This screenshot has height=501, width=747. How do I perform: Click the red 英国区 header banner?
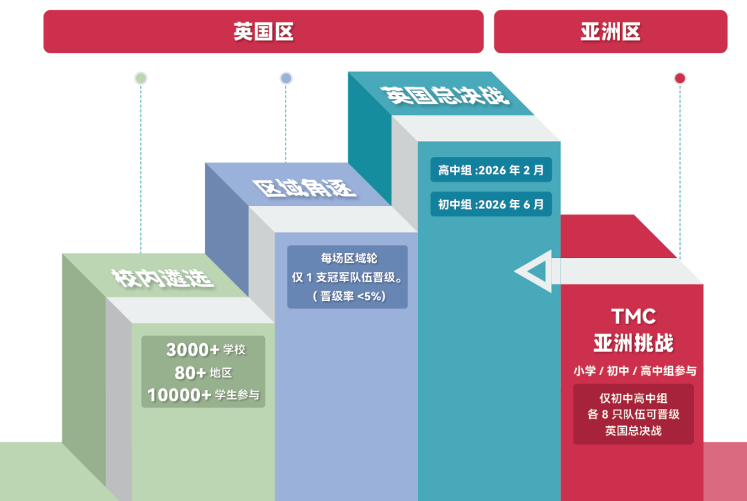click(x=263, y=32)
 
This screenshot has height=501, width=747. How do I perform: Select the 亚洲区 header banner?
click(x=610, y=32)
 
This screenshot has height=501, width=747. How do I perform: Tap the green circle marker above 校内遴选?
click(x=140, y=78)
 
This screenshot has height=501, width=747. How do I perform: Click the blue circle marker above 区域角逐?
click(x=286, y=78)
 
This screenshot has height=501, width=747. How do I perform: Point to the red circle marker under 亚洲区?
click(x=680, y=78)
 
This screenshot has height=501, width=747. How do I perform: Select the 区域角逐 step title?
click(x=304, y=187)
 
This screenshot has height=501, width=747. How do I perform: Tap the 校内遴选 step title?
click(x=163, y=278)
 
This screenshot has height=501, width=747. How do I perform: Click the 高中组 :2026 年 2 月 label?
click(x=491, y=170)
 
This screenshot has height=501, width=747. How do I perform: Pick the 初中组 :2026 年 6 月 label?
click(x=491, y=204)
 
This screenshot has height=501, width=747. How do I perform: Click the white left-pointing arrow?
click(x=536, y=271)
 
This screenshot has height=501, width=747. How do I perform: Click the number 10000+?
click(x=179, y=395)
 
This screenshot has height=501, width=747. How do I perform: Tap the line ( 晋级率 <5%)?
click(x=348, y=296)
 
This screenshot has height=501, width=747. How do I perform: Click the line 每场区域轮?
click(x=348, y=258)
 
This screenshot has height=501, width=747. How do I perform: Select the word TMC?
click(x=633, y=317)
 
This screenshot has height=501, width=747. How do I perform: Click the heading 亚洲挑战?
click(x=633, y=343)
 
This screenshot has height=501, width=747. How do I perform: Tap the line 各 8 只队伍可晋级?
click(x=634, y=415)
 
